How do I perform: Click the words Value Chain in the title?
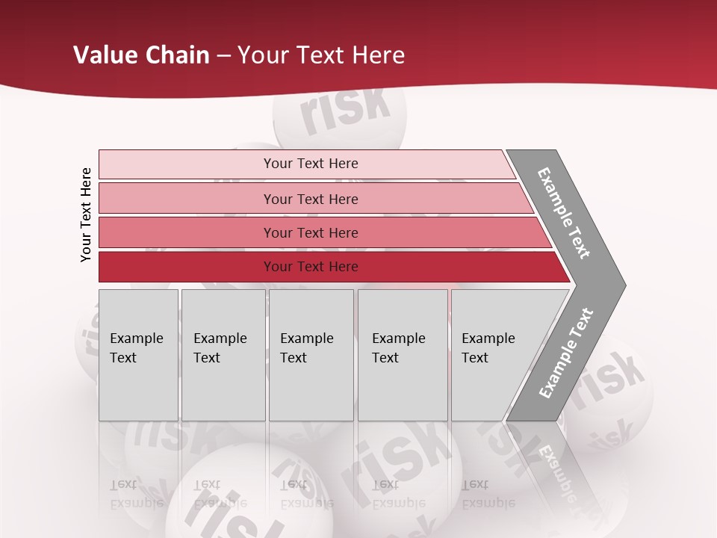point(141,55)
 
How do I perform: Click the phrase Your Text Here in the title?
point(321,55)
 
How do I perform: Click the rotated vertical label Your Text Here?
point(86,214)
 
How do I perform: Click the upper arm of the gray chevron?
point(564,213)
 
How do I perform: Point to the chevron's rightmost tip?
point(622,285)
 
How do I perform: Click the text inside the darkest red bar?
point(311,267)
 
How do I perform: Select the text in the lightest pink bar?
point(311,164)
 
